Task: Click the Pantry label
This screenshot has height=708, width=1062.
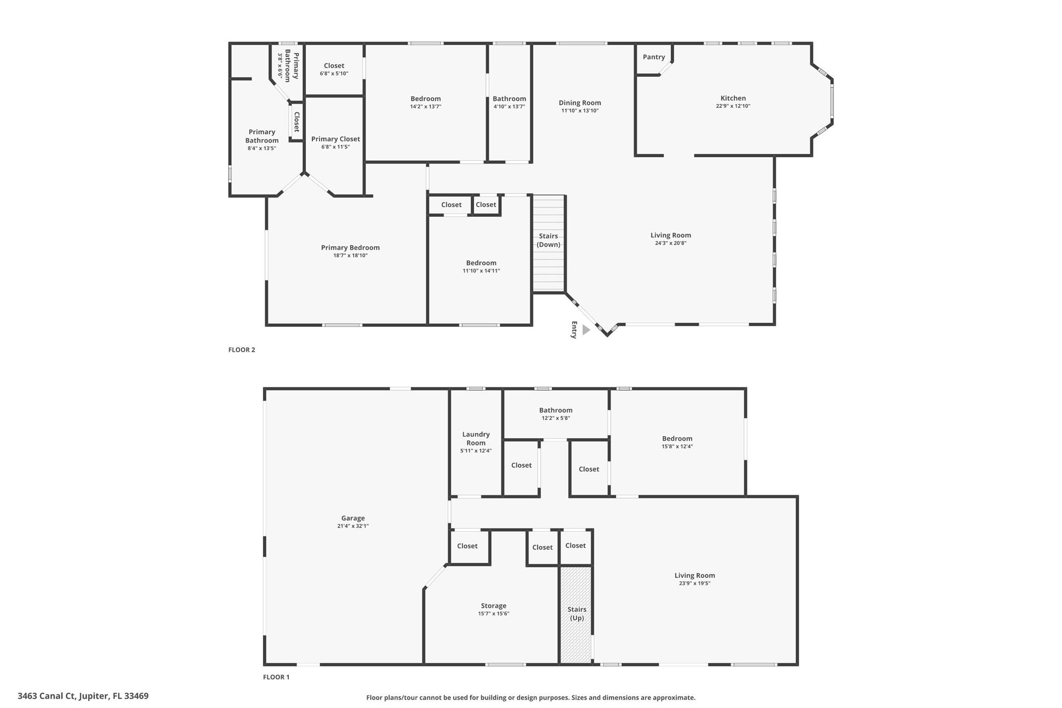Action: pos(653,57)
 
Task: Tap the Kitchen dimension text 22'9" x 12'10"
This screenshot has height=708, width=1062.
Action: pos(733,106)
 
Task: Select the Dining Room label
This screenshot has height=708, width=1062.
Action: pos(580,103)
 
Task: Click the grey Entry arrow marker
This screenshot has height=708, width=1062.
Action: pos(586,330)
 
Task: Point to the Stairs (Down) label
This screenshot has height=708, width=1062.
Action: pos(548,240)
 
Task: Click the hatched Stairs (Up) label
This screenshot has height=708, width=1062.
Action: pos(577,614)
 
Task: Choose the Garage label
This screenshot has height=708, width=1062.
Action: pos(353,518)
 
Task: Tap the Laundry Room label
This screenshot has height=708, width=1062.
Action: pos(476,438)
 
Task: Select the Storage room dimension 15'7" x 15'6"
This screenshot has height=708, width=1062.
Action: pos(493,614)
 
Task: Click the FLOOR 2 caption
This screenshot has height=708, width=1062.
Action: pos(242,350)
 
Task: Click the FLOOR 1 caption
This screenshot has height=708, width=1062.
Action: pos(276,677)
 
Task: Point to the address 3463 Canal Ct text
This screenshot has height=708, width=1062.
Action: pos(83,696)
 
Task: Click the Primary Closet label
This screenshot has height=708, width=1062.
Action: pos(336,139)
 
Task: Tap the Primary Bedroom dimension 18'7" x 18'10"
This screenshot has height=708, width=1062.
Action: pos(350,256)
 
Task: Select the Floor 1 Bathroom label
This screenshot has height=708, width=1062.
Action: pos(555,410)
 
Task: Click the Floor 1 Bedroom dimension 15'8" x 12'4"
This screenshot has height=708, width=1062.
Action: pos(677,447)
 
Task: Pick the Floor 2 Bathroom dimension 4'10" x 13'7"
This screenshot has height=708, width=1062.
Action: pos(509,107)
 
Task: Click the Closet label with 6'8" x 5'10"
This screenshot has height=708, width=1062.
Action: pos(334,66)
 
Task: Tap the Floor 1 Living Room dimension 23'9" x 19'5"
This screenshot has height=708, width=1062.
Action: pos(694,584)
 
